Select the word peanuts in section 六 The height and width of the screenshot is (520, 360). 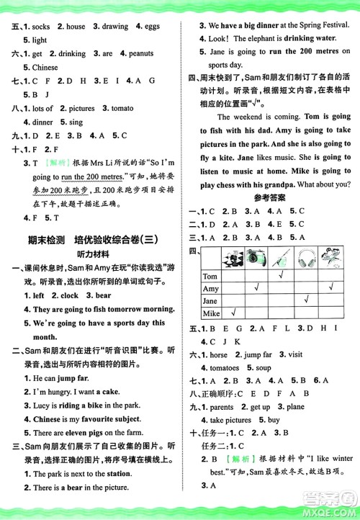click(x=141, y=53)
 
